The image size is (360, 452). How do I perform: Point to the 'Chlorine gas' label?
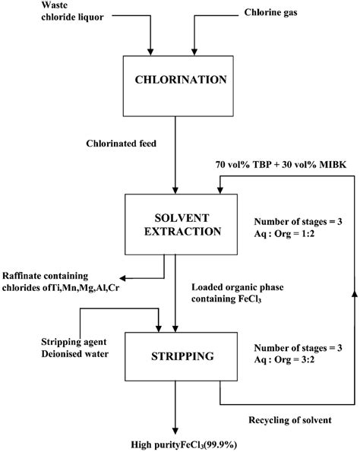(x=273, y=11)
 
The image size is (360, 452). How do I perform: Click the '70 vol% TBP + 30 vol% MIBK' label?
(x=278, y=163)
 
